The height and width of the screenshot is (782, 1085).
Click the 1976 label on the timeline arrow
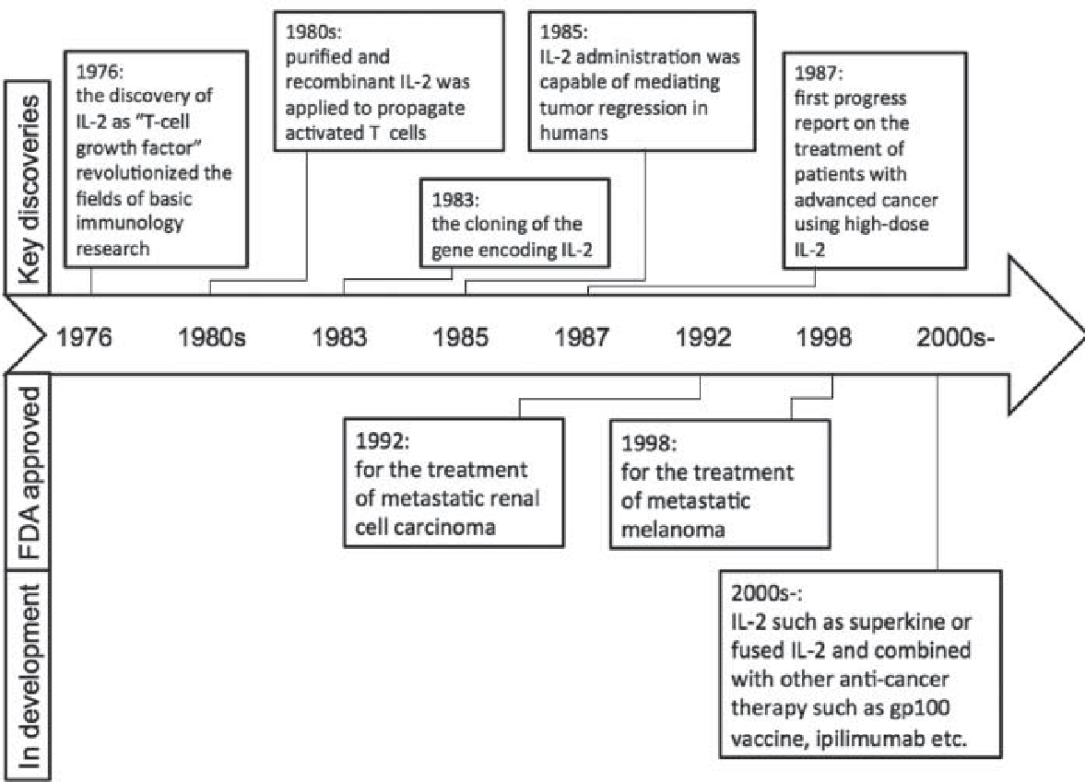(x=84, y=337)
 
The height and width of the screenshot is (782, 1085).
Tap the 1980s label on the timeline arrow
(x=212, y=337)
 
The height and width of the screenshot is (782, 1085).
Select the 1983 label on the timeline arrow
(x=339, y=337)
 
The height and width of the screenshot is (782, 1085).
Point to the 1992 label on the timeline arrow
(x=703, y=337)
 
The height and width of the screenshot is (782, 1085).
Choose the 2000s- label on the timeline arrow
(x=956, y=337)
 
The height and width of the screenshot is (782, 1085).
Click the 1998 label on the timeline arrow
(x=823, y=337)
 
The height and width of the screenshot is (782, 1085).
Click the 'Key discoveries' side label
(x=29, y=190)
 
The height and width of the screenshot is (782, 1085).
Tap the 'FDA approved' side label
(x=29, y=473)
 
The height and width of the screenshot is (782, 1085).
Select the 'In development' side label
(x=29, y=676)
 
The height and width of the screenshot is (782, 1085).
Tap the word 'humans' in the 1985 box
(x=573, y=133)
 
